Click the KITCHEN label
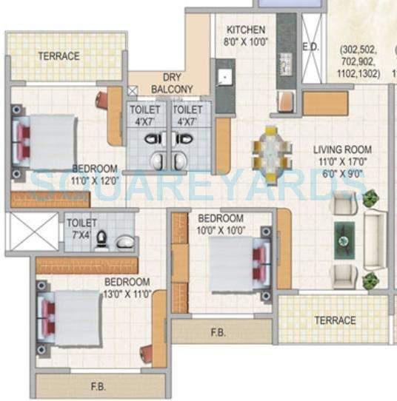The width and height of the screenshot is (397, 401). click(245, 30)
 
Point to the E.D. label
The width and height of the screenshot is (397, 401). click(310, 46)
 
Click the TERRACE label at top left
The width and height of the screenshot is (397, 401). click(59, 55)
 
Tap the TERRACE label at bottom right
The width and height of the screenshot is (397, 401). click(335, 320)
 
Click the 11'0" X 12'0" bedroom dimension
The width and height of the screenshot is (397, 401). click(95, 179)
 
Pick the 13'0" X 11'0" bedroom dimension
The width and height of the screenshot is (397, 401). click(127, 293)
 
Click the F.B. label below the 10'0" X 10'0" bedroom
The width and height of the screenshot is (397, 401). click(218, 333)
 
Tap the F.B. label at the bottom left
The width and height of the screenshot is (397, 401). click(98, 386)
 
